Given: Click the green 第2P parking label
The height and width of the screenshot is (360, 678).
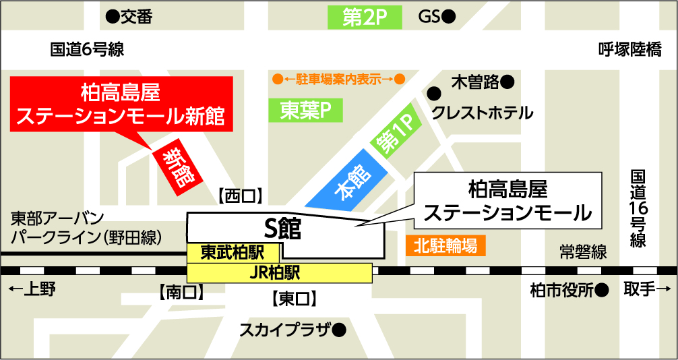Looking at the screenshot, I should click(x=364, y=18).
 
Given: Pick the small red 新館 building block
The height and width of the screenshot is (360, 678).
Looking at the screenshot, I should click(x=177, y=168).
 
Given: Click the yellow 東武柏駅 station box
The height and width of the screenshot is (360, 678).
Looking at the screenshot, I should click(x=233, y=252).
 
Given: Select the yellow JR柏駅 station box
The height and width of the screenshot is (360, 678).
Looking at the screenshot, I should click(x=279, y=273).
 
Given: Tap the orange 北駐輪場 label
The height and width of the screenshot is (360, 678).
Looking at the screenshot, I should click(x=445, y=245).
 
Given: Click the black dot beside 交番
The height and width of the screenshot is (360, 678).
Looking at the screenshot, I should click(x=113, y=16).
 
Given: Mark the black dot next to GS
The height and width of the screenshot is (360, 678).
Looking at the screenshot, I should click(x=449, y=16).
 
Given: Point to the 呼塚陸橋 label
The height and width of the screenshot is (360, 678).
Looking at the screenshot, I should click(x=629, y=49).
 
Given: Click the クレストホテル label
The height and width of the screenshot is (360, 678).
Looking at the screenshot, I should click(x=482, y=112).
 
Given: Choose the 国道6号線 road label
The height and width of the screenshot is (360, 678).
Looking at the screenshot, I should click(x=87, y=49).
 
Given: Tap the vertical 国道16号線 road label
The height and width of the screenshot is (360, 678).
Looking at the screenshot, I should click(x=638, y=209).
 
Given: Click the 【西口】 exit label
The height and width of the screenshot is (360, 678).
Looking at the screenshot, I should click(x=241, y=196).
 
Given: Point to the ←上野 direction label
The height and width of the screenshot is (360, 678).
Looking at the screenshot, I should click(x=32, y=290).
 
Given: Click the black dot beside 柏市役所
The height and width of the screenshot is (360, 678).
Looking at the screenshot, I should click(x=603, y=291).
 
